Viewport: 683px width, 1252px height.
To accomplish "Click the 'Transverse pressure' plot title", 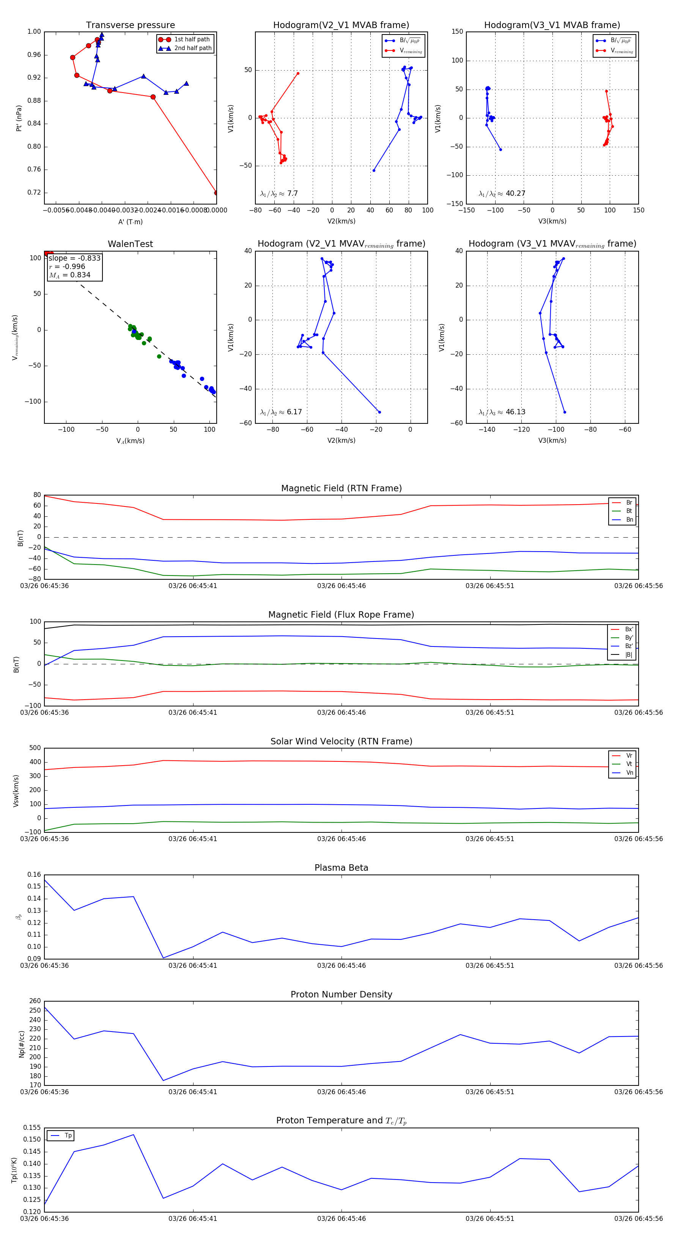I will [x=130, y=25].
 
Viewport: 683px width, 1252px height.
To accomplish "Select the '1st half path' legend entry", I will [x=192, y=39].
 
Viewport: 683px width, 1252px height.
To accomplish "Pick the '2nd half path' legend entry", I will [x=192, y=48].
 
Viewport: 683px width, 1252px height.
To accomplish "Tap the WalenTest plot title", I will [x=130, y=244].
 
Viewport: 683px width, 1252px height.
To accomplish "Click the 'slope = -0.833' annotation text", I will [x=74, y=258].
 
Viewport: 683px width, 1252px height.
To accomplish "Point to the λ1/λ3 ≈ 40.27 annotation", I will [x=502, y=193].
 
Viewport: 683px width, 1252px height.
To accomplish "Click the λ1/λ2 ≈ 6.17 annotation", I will [x=281, y=412].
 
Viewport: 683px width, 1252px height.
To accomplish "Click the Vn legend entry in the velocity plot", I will [x=629, y=773].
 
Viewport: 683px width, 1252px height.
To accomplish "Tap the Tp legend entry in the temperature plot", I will [x=68, y=1136].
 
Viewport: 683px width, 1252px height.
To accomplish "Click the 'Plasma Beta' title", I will [x=341, y=868].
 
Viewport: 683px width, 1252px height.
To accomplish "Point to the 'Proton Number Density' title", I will [x=341, y=994].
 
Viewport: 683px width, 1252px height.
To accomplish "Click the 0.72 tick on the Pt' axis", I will [x=34, y=192].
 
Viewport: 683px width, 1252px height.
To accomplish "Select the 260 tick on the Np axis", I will [x=35, y=1001].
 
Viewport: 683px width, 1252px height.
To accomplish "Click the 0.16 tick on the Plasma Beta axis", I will [x=34, y=875].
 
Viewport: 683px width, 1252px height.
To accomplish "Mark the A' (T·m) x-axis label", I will [x=130, y=222].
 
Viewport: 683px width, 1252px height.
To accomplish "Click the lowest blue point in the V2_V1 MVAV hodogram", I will [x=379, y=412].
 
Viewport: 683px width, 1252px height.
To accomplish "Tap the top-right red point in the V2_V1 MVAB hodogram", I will [x=298, y=73].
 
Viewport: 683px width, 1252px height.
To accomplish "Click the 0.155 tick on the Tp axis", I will [x=32, y=1128].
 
